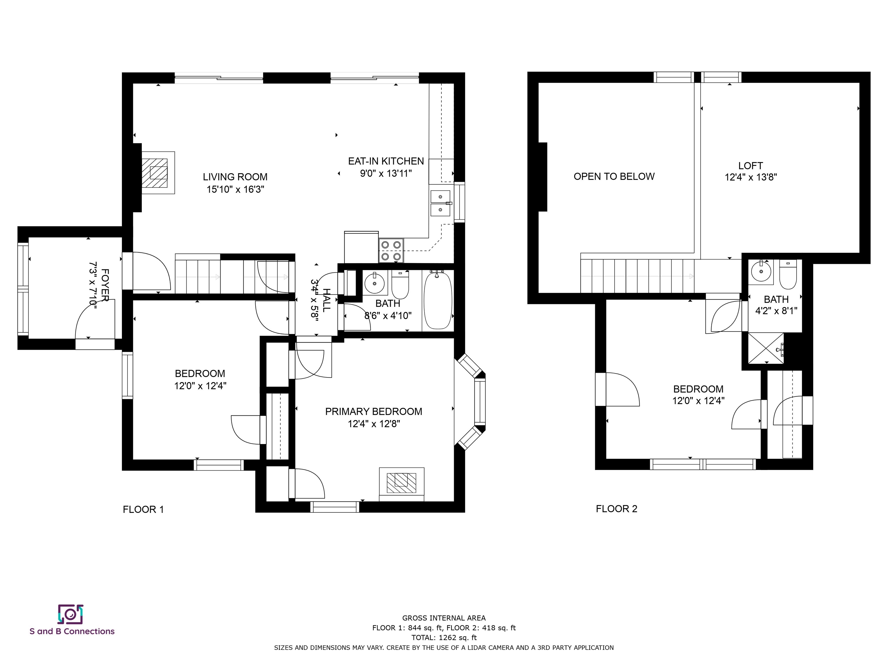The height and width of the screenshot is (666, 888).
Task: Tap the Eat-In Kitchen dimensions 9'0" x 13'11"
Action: pos(386,173)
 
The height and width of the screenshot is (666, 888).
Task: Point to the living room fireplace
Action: pos(158,173)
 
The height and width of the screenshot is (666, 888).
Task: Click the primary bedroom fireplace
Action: pos(402,484)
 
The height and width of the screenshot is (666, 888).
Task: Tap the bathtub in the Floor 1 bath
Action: pos(438,300)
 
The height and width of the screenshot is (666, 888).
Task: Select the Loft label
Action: pos(750,165)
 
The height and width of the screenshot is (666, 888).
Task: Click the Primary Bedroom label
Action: pos(373,412)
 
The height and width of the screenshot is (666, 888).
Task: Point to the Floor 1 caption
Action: pos(143,509)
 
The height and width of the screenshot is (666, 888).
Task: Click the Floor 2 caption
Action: pos(617,509)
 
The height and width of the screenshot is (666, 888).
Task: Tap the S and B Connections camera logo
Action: pos(71,614)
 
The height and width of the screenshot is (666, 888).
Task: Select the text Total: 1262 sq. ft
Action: pos(444,637)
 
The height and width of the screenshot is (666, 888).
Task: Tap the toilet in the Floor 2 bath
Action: pos(788,274)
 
